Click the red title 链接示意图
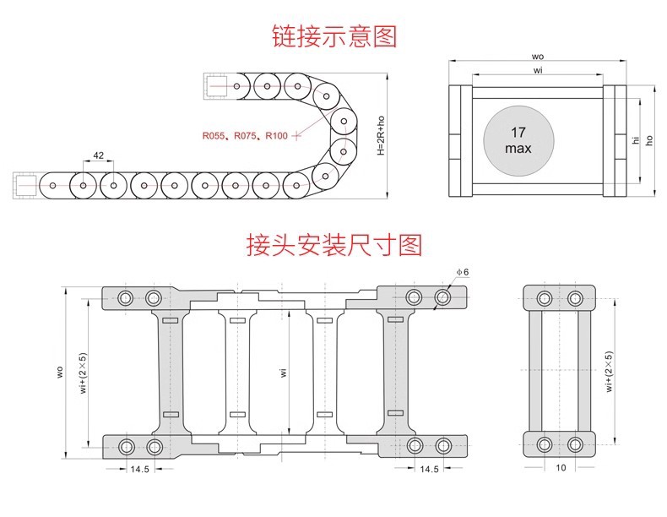334,36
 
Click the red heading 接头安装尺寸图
334,245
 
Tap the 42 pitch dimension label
98,155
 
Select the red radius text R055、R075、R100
245,136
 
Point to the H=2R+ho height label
381,135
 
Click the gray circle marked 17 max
518,141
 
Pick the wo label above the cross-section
538,57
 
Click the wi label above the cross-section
538,70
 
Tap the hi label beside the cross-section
636,140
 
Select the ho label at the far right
649,140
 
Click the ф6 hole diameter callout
463,272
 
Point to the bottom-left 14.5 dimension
139,469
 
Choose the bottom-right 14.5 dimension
429,469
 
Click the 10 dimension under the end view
561,468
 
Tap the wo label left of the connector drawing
60,372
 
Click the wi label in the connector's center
284,373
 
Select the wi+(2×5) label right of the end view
609,372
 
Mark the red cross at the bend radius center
297,136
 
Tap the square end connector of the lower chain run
25,186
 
